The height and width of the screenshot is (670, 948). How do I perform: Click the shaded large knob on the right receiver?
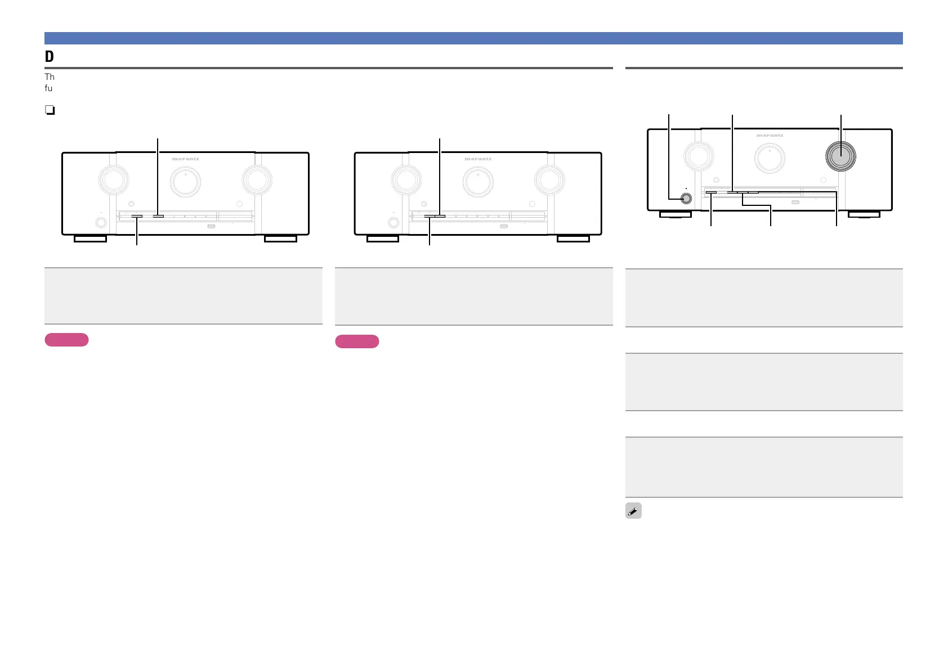tap(840, 155)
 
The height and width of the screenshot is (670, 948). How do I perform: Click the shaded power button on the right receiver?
tap(686, 198)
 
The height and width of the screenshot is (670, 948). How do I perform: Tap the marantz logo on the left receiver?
tap(185, 159)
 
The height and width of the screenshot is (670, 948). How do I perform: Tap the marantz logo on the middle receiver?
tap(478, 159)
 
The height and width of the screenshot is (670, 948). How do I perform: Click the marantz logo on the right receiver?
tap(770, 136)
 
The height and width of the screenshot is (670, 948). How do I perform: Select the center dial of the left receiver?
tap(185, 182)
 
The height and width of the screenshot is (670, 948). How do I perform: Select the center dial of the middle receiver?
tap(478, 182)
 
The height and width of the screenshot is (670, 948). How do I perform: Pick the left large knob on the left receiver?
tap(114, 179)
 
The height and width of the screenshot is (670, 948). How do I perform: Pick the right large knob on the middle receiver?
tap(549, 179)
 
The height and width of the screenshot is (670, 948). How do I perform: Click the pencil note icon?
tap(633, 511)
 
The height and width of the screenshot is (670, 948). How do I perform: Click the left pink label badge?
tap(66, 340)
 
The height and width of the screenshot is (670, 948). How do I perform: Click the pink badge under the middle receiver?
tap(357, 341)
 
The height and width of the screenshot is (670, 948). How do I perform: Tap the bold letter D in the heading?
tap(50, 57)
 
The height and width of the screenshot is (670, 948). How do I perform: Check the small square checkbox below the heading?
tap(50, 110)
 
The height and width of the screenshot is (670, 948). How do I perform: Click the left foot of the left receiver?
tap(90, 239)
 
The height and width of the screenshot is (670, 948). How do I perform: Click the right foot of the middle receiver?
tap(573, 239)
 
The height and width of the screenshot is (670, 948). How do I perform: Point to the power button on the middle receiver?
tap(393, 222)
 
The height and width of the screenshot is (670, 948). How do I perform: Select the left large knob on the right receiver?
tap(699, 156)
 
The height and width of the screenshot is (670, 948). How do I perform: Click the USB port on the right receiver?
tap(795, 202)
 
